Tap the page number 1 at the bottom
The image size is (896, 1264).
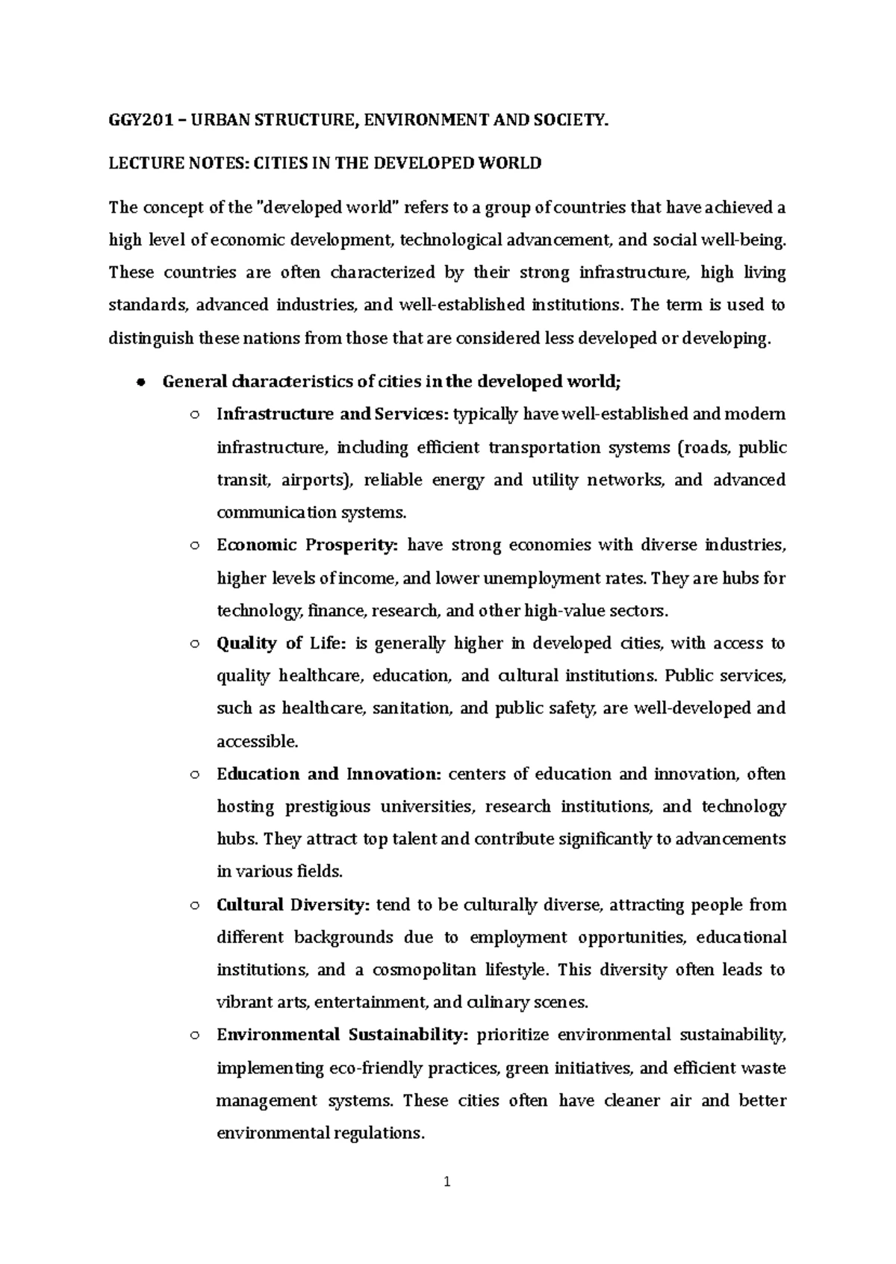click(x=447, y=1182)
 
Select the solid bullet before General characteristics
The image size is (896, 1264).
click(x=140, y=382)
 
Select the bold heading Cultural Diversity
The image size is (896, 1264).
click(x=293, y=905)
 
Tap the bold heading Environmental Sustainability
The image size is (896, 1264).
click(x=342, y=1036)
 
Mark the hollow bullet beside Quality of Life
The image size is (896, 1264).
click(x=194, y=644)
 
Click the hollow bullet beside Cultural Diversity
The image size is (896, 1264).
click(x=194, y=906)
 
